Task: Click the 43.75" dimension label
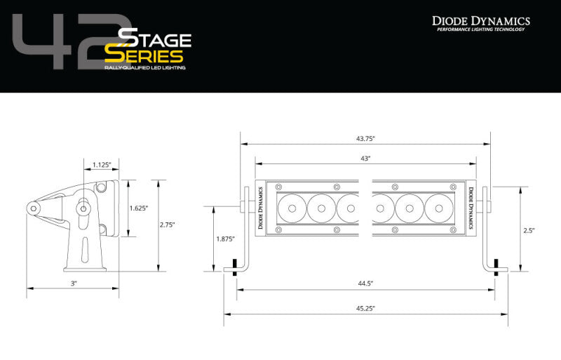pos(365,138)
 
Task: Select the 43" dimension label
pos(365,159)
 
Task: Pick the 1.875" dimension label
pos(224,239)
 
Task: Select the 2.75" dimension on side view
pos(167,225)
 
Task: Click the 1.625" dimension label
pos(139,208)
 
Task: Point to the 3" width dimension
pos(73,283)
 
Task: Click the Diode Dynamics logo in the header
pos(480,20)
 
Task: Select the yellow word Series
pos(144,56)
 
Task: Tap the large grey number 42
pos(63,46)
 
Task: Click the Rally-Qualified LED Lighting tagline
pos(145,68)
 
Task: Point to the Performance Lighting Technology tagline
pos(480,29)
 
